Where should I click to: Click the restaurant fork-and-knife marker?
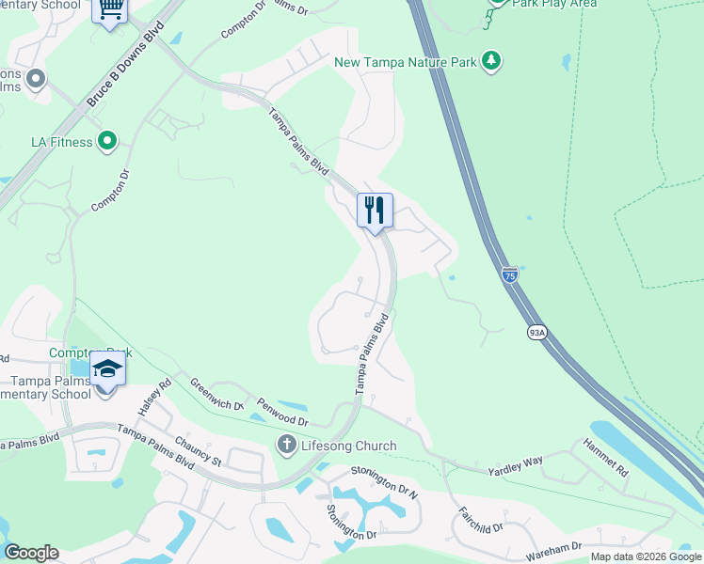click(x=375, y=210)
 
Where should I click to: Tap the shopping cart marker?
click(x=110, y=9)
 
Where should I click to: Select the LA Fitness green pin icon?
click(x=107, y=142)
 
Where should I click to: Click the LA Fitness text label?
click(x=62, y=142)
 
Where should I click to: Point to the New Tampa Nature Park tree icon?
click(x=490, y=62)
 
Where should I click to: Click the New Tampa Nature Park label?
click(x=407, y=62)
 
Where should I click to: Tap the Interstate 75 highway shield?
click(x=509, y=274)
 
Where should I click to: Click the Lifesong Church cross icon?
click(x=286, y=445)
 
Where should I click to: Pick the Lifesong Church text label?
click(x=349, y=446)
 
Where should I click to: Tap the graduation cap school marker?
click(x=107, y=368)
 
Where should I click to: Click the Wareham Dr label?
click(x=555, y=547)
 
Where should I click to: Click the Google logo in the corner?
click(x=32, y=553)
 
